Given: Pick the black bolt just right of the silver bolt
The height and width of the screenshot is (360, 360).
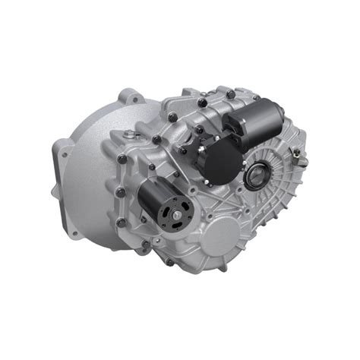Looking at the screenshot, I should (x=156, y=140).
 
